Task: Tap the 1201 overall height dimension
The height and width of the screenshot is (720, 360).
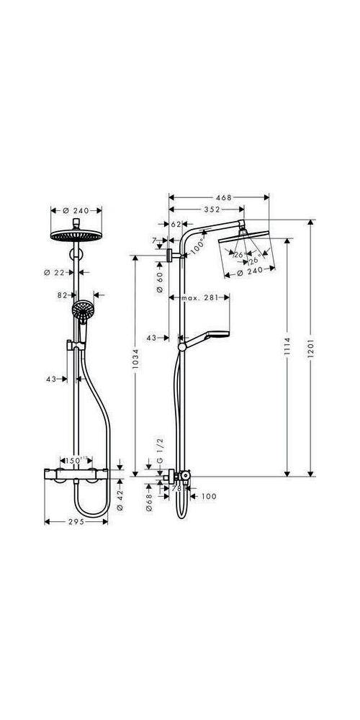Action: tap(311, 349)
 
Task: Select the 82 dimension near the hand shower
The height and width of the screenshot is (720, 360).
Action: tap(63, 294)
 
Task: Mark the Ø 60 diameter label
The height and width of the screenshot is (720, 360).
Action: tap(160, 280)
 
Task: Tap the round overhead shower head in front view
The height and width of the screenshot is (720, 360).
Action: tap(76, 236)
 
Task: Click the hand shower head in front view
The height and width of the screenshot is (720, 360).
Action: tap(81, 311)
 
